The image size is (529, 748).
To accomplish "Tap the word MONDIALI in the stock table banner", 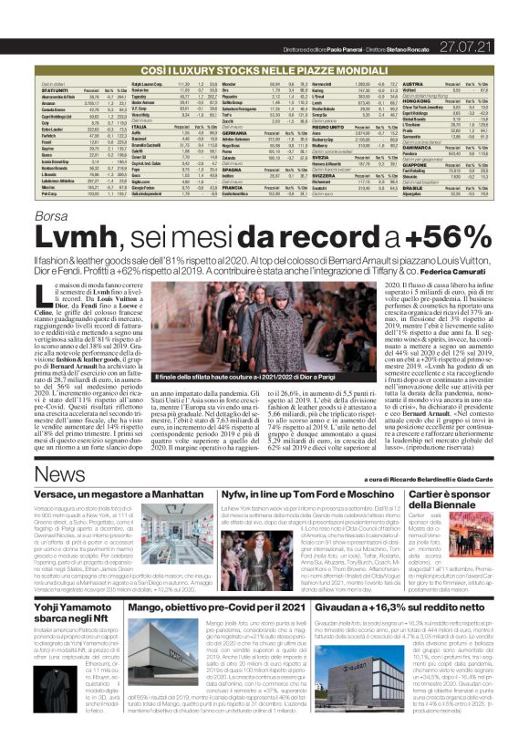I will tap(348, 43).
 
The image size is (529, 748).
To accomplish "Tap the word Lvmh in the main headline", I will tap(68, 236).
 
